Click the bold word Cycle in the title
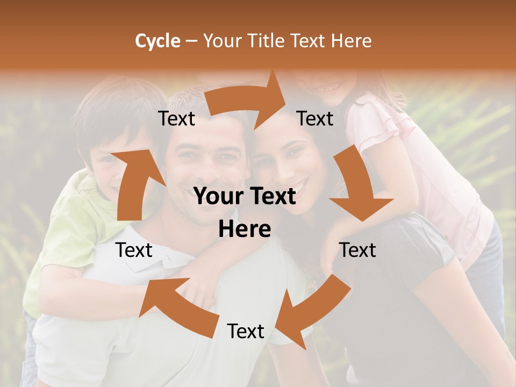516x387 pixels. [157, 41]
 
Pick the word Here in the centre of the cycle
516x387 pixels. [245, 229]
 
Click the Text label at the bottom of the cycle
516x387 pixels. [246, 332]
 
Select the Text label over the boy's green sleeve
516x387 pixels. [134, 250]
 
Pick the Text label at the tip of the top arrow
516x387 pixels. [316, 118]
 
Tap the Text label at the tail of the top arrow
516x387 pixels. [176, 118]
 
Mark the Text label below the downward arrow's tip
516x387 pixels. [357, 250]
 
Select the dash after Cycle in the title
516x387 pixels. [191, 41]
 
